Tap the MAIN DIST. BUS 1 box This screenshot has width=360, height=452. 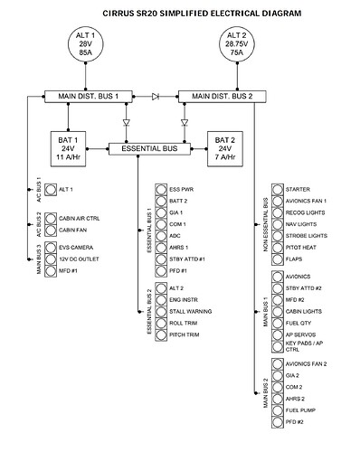(x=90, y=94)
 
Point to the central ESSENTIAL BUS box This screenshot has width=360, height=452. (x=149, y=146)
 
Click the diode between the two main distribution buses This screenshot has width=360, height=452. (x=156, y=94)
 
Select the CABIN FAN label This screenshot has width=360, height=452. (x=73, y=229)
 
